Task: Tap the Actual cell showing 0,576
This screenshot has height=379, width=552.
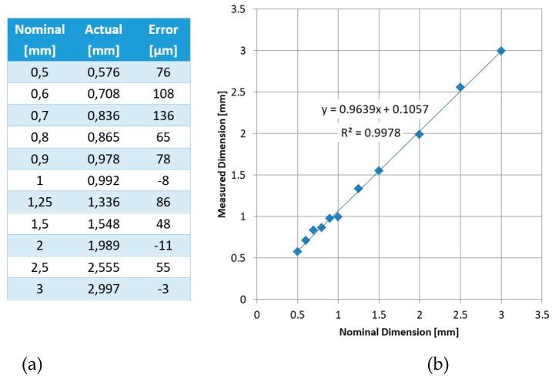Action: [104, 73]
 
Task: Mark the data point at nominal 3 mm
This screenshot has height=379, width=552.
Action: [501, 51]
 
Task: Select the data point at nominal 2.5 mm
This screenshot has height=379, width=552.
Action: [460, 87]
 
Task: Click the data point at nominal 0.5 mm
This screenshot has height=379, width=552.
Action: [297, 251]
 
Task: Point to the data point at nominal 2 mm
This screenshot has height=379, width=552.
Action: [420, 134]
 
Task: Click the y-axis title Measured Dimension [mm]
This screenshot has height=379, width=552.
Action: [223, 154]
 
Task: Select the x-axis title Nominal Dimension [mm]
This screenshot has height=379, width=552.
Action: [399, 334]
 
